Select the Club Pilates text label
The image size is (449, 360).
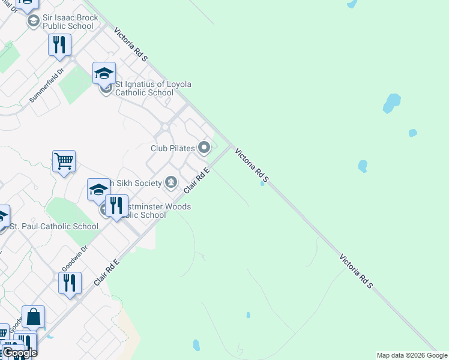point(173,148)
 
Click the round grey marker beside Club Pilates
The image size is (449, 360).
point(205,147)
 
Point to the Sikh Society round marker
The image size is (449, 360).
point(172,182)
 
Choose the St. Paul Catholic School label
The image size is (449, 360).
point(54,226)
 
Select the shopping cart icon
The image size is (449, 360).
point(64,161)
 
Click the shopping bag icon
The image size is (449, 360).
point(34,317)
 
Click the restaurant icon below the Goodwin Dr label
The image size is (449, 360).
point(70,283)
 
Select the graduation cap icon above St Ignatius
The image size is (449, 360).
point(104,73)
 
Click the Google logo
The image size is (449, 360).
point(19,353)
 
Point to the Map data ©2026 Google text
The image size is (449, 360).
point(412,355)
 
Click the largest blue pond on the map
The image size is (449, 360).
point(392,103)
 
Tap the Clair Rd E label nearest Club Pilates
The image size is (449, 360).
point(197,180)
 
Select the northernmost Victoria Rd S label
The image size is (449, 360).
point(130,44)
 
